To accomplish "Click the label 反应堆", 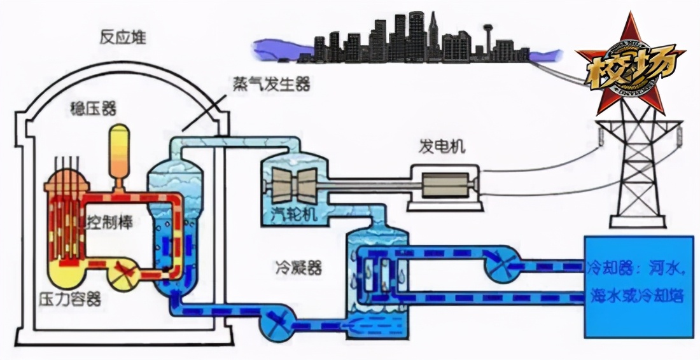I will click(x=122, y=38).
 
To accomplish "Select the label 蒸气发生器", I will click(x=270, y=83).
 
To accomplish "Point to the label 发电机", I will click(x=441, y=148).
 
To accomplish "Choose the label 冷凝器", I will click(x=290, y=268).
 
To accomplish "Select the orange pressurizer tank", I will click(x=119, y=151).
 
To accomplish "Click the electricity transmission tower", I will click(x=636, y=172).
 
